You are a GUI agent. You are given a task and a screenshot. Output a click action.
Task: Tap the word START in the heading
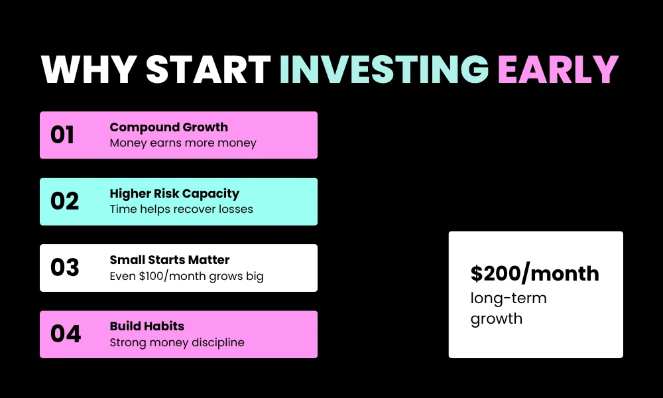tap(209, 68)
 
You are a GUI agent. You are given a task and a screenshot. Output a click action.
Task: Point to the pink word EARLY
tap(558, 68)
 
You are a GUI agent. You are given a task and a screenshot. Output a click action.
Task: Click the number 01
tap(62, 135)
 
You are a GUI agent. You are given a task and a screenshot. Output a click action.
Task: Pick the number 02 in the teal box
tap(64, 202)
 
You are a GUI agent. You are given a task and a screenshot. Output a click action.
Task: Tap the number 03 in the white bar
tap(64, 268)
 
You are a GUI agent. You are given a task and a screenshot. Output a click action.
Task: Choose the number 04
tap(65, 334)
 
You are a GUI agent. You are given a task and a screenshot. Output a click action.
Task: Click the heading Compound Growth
tap(168, 127)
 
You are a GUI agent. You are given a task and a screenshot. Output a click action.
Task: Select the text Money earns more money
tap(182, 143)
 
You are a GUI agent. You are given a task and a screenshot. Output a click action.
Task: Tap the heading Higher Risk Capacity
tap(174, 194)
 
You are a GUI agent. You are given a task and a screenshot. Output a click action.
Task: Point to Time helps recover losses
tap(181, 210)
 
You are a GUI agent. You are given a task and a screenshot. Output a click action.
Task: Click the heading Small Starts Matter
tap(169, 260)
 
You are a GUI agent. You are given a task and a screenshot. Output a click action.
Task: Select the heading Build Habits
tap(147, 326)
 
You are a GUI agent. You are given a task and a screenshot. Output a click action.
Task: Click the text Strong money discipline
tap(177, 343)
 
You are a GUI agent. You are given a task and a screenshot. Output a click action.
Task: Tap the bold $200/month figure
tap(534, 273)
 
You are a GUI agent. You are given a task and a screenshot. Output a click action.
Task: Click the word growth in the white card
tap(496, 319)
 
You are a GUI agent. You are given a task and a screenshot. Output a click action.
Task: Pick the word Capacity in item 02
tap(213, 194)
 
